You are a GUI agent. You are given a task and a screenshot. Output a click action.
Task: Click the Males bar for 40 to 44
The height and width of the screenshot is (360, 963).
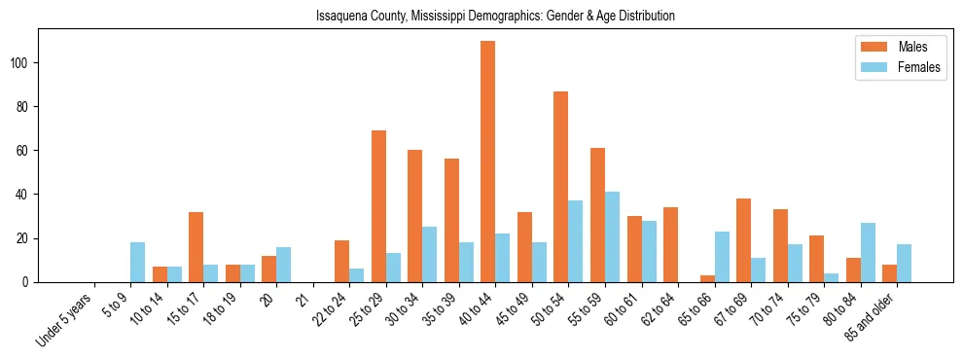pyautogui.click(x=488, y=162)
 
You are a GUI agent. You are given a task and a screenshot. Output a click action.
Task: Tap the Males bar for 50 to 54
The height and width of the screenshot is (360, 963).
pyautogui.click(x=561, y=187)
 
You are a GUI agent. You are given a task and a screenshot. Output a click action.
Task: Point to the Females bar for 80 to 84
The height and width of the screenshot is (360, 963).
pyautogui.click(x=868, y=252)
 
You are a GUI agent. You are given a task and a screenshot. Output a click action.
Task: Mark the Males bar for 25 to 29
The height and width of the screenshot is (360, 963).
pyautogui.click(x=378, y=206)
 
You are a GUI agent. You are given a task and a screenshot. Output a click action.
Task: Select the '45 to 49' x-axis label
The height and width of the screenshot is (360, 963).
pyautogui.click(x=505, y=312)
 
